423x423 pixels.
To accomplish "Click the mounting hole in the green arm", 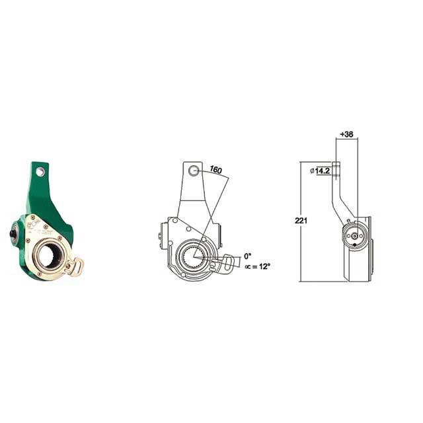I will [41, 172].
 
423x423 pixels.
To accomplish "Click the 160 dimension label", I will [215, 169].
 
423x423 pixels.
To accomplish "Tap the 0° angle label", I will [248, 255].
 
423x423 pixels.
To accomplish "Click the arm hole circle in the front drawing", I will [194, 171].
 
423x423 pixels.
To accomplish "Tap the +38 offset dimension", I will [346, 134].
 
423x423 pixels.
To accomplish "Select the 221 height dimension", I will [301, 220].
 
